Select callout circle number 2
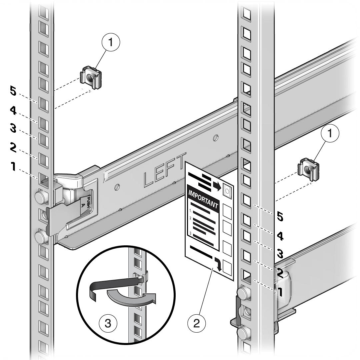tap(196, 323)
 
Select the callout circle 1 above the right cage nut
tap(330, 134)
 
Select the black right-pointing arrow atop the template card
tap(217, 187)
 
